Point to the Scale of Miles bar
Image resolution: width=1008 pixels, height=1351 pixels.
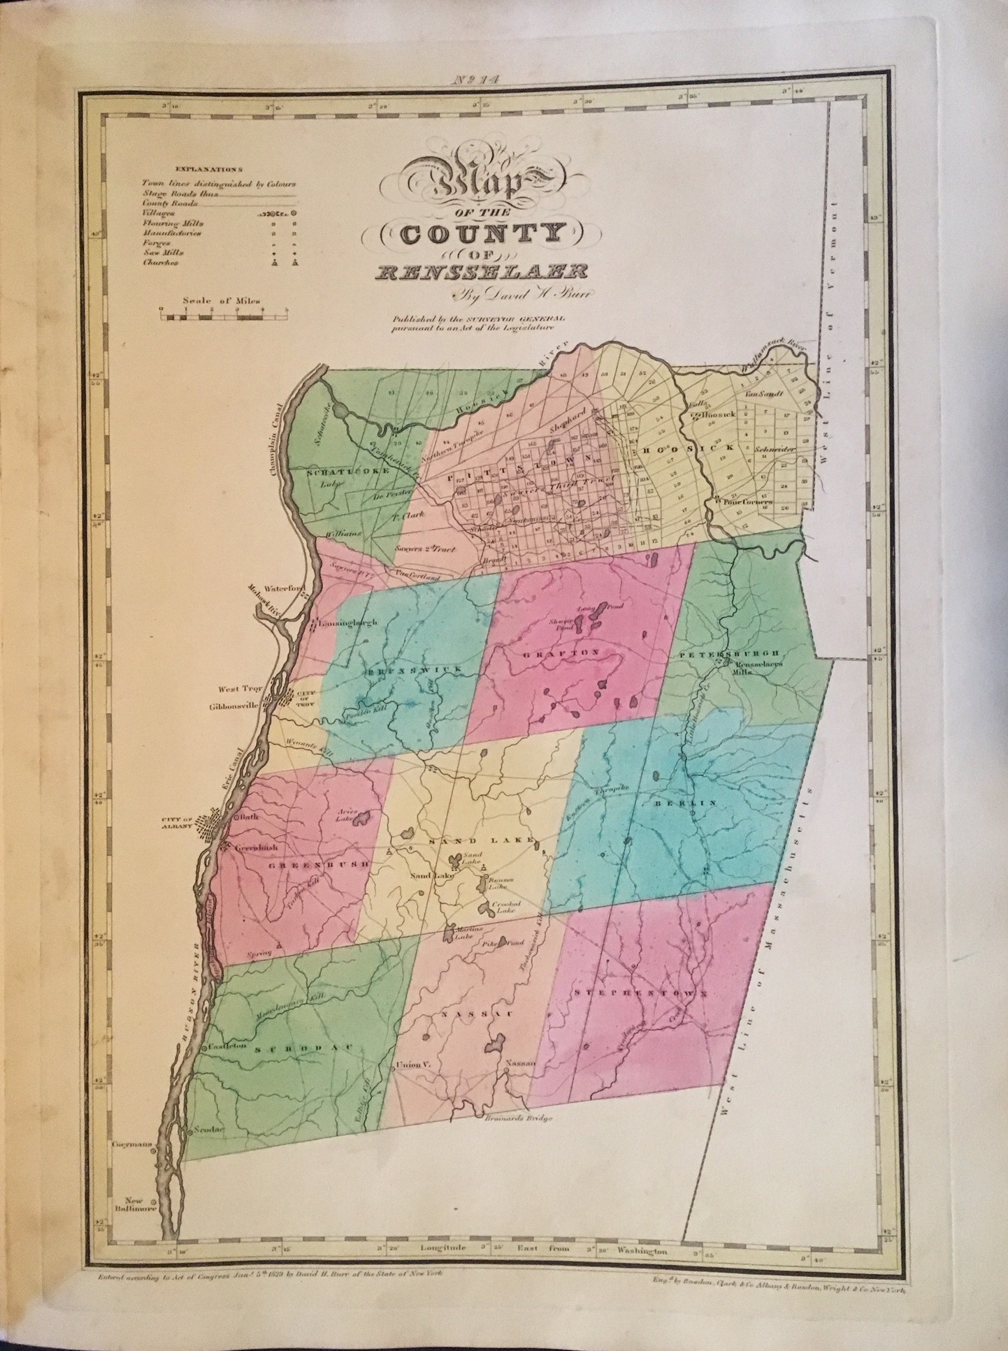coord(223,317)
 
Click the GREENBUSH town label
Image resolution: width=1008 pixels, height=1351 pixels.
coord(308,864)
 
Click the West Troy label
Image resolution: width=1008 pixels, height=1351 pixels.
coord(239,688)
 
